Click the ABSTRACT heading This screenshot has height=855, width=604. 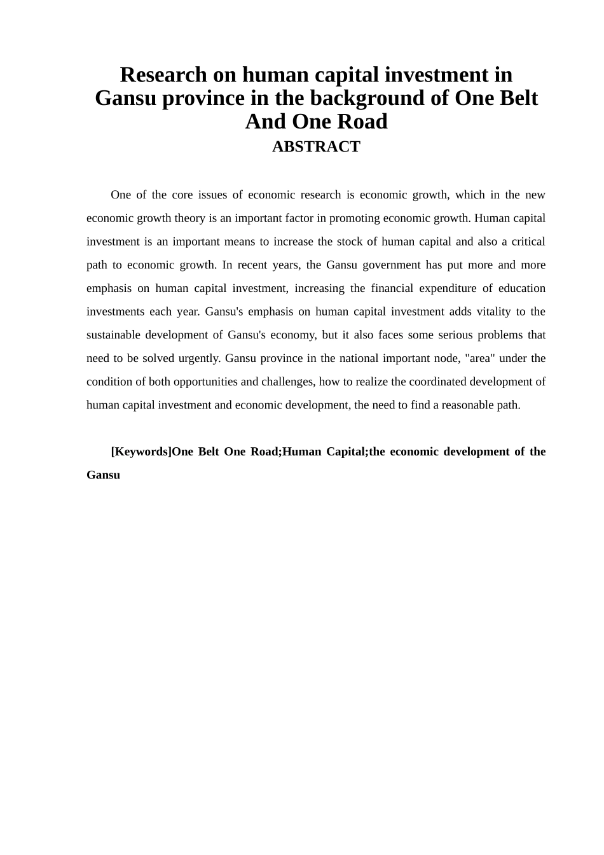coord(316,147)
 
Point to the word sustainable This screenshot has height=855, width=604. coord(113,335)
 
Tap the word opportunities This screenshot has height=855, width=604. coord(207,382)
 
